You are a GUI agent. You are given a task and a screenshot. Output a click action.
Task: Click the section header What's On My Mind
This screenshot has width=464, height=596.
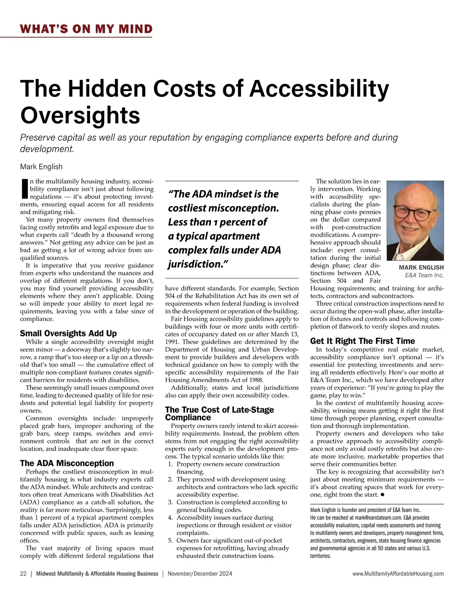click(x=86, y=29)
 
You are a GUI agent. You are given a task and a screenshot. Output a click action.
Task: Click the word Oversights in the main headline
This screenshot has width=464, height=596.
click(x=80, y=115)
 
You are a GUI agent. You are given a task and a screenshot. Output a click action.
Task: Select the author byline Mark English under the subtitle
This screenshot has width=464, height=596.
click(x=41, y=167)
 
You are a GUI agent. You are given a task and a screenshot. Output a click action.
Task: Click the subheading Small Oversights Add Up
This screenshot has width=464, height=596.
click(x=68, y=333)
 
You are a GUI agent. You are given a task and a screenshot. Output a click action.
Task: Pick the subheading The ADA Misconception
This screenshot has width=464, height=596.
click(x=67, y=463)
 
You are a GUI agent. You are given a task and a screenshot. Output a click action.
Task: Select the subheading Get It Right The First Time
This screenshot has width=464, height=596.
click(x=362, y=341)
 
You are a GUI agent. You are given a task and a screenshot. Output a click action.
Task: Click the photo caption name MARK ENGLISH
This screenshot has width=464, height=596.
click(x=421, y=268)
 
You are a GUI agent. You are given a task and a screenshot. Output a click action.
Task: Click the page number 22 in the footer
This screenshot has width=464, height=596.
click(x=23, y=574)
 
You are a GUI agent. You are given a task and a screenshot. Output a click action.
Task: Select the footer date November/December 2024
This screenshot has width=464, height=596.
click(x=200, y=574)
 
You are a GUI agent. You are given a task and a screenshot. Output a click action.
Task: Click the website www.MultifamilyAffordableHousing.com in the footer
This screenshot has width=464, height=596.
click(x=398, y=574)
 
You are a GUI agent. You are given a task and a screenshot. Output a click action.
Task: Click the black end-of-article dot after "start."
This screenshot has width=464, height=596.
click(x=382, y=495)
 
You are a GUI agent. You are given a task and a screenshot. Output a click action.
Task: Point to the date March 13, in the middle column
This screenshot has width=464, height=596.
click(x=283, y=334)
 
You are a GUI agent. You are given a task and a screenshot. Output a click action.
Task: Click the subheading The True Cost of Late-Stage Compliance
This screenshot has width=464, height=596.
click(x=219, y=413)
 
